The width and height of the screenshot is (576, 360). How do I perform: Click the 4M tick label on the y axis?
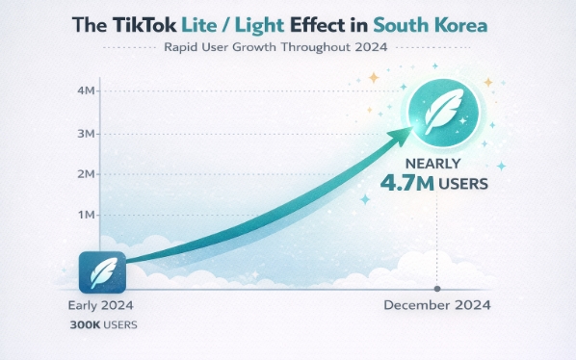pos(84,91)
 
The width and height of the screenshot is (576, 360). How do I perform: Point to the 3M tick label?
pos(84,133)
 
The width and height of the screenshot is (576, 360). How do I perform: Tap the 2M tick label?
pos(84,174)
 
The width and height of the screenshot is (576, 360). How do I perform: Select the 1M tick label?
pos(84,216)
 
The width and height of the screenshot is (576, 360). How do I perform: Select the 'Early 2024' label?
pos(100,305)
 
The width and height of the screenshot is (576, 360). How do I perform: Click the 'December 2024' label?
pos(437,305)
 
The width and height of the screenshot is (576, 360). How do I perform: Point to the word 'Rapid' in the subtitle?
pos(182,48)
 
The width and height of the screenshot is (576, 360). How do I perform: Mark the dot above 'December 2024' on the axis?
pos(437,289)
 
